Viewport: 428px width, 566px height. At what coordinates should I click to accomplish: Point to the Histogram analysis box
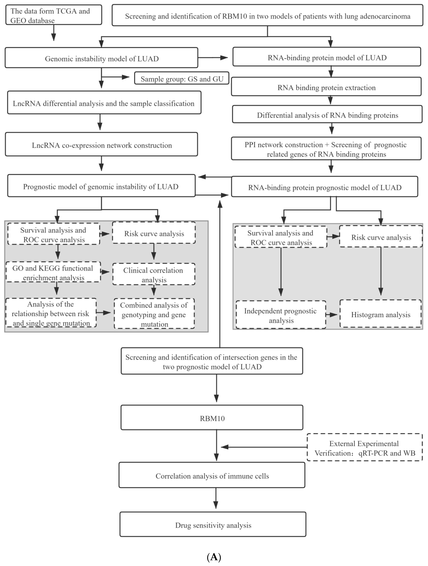pos(380,314)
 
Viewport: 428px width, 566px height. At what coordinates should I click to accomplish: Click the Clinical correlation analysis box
pos(154,275)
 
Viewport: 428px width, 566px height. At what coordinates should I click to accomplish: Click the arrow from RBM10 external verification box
pos(264,447)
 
